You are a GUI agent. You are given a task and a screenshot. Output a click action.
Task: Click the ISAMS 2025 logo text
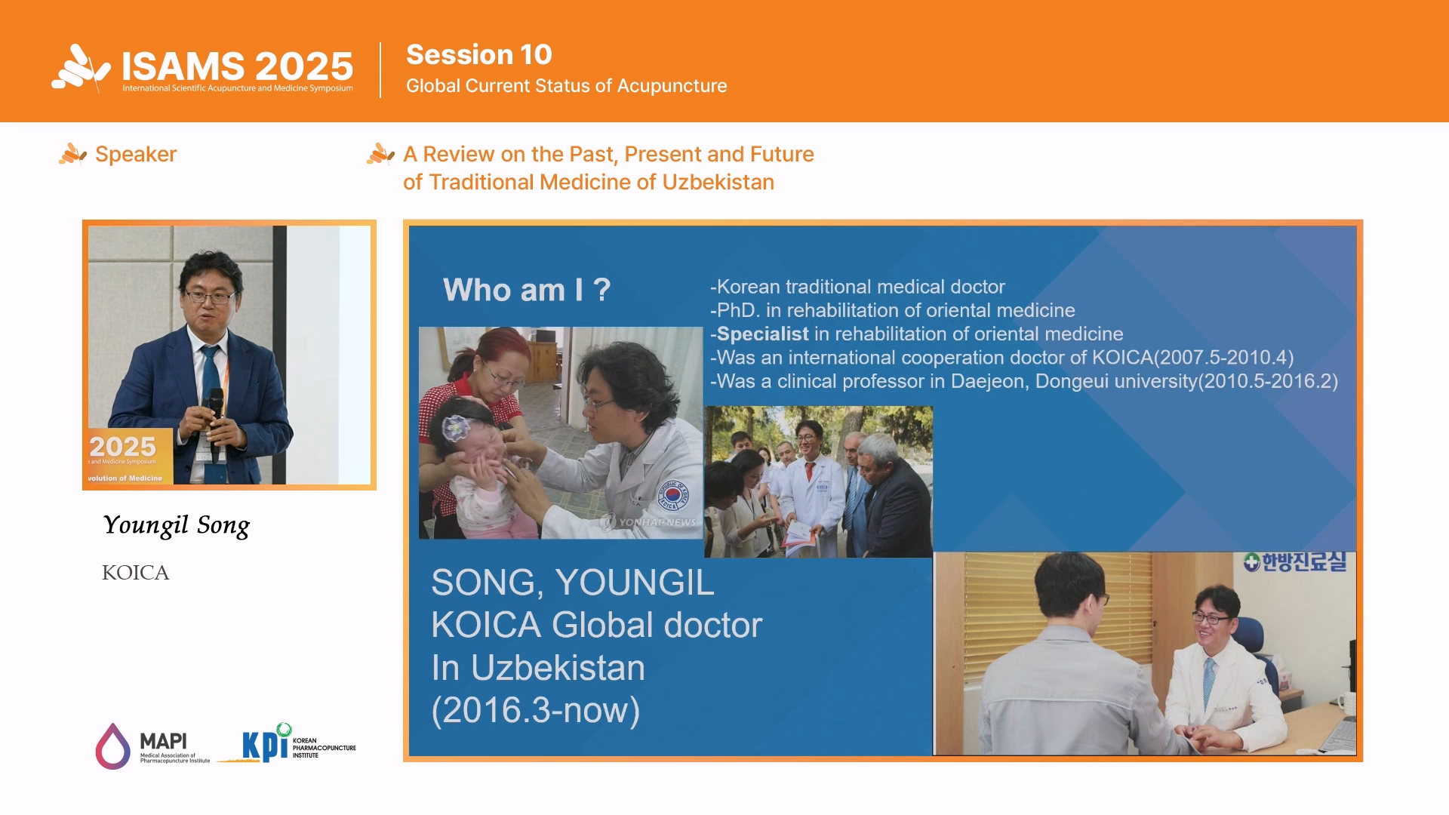pyautogui.click(x=237, y=66)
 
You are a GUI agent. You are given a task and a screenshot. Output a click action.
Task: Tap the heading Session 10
pyautogui.click(x=479, y=54)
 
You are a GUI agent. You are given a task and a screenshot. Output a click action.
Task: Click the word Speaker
pyautogui.click(x=136, y=154)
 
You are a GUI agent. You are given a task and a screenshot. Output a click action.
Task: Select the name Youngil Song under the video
pyautogui.click(x=176, y=525)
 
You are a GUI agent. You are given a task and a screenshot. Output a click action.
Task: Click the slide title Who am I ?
pyautogui.click(x=527, y=290)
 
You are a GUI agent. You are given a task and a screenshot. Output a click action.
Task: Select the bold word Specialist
pyautogui.click(x=762, y=334)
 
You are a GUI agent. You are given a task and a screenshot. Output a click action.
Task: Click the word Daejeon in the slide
pyautogui.click(x=988, y=381)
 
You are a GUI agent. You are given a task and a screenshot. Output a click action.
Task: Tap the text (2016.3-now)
pyautogui.click(x=536, y=710)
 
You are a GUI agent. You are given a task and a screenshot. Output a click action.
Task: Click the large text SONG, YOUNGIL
pyautogui.click(x=573, y=583)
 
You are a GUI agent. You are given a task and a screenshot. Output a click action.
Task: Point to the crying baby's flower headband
pyautogui.click(x=456, y=428)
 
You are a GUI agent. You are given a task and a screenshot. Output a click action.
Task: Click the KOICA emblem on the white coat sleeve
pyautogui.click(x=672, y=494)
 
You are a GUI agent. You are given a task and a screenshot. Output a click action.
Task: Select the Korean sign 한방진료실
pyautogui.click(x=1295, y=562)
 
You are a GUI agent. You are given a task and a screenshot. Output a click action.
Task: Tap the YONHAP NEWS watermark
pyautogui.click(x=650, y=521)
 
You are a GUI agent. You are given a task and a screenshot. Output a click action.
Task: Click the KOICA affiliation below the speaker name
pyautogui.click(x=136, y=573)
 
